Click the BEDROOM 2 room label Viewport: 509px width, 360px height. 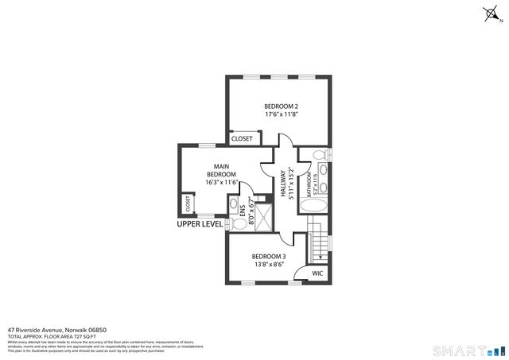coord(281,106)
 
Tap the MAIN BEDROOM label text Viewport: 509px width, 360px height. coord(221,170)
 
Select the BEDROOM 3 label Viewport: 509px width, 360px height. coord(269,256)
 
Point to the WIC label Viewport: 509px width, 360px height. coord(317,273)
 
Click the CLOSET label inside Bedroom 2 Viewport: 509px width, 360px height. coord(242,138)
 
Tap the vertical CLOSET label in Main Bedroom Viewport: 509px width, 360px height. coord(188,203)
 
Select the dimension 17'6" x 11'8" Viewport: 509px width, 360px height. coord(281,114)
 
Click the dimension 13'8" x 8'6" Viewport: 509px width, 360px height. coord(269,265)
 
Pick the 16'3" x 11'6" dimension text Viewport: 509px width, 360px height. coord(222,182)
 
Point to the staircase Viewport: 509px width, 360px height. coord(318,242)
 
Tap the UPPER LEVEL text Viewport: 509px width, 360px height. coord(200,224)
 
